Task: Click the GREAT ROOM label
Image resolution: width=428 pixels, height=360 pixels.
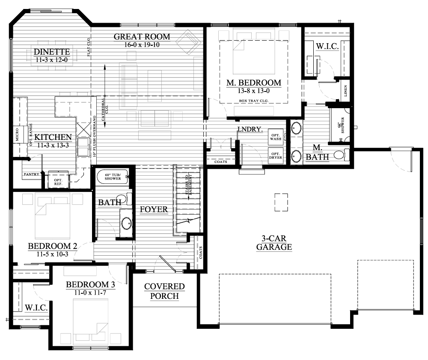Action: pos(142,37)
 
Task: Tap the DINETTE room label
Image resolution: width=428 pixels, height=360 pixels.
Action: pos(52,53)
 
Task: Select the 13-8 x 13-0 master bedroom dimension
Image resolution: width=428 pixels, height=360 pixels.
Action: pos(254,91)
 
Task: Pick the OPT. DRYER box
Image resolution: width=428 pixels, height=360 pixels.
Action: pos(275,156)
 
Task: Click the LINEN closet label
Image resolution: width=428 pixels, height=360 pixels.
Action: pos(345,91)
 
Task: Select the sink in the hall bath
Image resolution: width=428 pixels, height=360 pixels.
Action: pos(126,223)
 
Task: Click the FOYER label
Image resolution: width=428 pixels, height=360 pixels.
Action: pos(154,209)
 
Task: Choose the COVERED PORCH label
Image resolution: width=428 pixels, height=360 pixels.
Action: pos(164,291)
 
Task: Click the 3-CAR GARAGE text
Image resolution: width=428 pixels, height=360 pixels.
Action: pos(274,243)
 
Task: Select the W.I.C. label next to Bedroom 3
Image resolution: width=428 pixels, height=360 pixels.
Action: pos(36,307)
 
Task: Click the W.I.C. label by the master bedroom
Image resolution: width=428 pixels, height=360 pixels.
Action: pos(327,46)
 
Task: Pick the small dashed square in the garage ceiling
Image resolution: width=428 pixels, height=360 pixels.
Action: pos(281,202)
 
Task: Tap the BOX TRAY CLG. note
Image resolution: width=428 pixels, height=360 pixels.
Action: pos(254,101)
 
